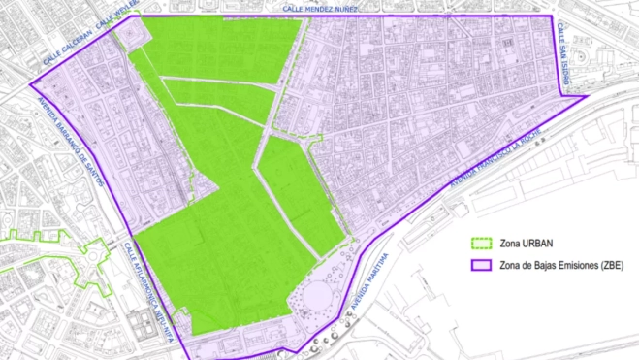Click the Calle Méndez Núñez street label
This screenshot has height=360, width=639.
click(x=320, y=8)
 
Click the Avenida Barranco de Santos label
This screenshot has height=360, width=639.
click(x=74, y=136)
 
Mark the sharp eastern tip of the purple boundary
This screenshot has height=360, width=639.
click(x=586, y=95)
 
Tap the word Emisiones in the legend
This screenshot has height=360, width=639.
click(x=576, y=265)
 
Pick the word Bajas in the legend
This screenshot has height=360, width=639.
click(x=542, y=265)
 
